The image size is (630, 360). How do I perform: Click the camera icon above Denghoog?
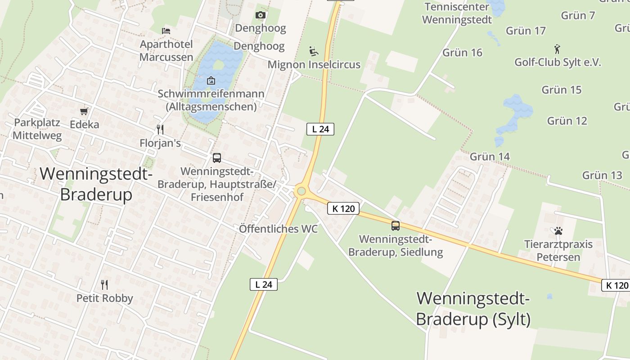pyautogui.click(x=260, y=15)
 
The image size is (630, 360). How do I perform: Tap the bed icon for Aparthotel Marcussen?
pyautogui.click(x=166, y=31)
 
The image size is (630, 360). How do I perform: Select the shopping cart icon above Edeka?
pyautogui.click(x=84, y=111)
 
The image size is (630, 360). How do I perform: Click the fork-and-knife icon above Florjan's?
pyautogui.click(x=160, y=130)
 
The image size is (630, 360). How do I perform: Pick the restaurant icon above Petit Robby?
pyautogui.click(x=104, y=284)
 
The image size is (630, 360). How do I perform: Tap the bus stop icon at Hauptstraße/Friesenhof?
pyautogui.click(x=217, y=158)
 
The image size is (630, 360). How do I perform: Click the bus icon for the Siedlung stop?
pyautogui.click(x=396, y=226)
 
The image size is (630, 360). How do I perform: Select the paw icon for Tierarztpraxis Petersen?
pyautogui.click(x=558, y=231)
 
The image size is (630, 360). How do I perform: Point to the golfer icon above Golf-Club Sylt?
pyautogui.click(x=558, y=49)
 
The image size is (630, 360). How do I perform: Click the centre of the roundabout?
pyautogui.click(x=301, y=192)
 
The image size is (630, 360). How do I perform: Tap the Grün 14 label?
pyautogui.click(x=490, y=157)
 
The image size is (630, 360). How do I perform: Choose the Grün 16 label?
pyautogui.click(x=462, y=53)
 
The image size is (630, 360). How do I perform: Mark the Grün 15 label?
pyautogui.click(x=561, y=90)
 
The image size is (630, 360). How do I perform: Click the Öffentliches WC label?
pyautogui.click(x=278, y=229)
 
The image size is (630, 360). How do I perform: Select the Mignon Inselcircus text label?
pyautogui.click(x=314, y=64)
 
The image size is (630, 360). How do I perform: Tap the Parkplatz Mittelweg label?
pyautogui.click(x=37, y=129)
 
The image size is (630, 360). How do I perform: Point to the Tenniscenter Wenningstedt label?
pyautogui.click(x=457, y=13)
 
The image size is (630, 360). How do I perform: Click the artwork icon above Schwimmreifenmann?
pyautogui.click(x=211, y=81)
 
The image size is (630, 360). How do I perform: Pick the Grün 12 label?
pyautogui.click(x=567, y=121)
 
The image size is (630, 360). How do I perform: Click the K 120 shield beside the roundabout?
pyautogui.click(x=343, y=208)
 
